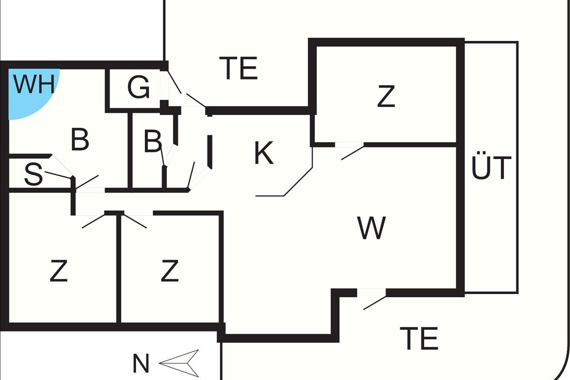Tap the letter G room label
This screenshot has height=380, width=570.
[x=139, y=88]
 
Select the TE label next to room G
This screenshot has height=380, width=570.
[x=239, y=68]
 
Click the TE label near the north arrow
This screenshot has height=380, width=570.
[x=419, y=338]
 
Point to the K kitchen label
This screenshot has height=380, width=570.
[x=264, y=153]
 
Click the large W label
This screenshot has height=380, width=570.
[x=372, y=228]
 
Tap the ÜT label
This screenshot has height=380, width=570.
[x=491, y=167]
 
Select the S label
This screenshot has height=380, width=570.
[x=33, y=174]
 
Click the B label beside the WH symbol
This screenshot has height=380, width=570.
[x=80, y=140]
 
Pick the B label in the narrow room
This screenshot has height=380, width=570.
[x=152, y=141]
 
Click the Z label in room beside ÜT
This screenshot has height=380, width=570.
[x=386, y=97]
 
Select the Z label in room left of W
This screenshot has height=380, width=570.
[x=170, y=271]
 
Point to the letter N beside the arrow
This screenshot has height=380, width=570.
[x=141, y=365]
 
